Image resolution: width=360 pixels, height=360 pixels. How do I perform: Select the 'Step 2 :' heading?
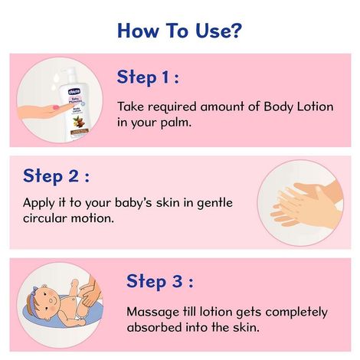[56, 176]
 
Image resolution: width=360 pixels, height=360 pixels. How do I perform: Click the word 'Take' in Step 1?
[131, 106]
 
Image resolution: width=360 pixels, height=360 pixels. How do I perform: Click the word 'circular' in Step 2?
[45, 219]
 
